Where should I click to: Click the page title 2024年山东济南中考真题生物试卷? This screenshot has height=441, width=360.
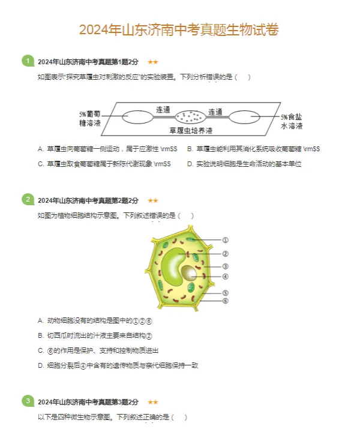[x=179, y=30]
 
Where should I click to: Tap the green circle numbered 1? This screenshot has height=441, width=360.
[x=28, y=61]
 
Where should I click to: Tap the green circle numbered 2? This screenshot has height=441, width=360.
[x=28, y=199]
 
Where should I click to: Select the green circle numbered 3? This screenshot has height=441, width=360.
[x=28, y=401]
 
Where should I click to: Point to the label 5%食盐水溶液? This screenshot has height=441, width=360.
[x=292, y=122]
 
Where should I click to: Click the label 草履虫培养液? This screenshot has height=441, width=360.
[x=191, y=130]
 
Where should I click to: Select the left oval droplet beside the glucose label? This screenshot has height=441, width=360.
[x=137, y=117]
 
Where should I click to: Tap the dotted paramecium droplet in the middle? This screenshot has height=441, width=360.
[x=190, y=116]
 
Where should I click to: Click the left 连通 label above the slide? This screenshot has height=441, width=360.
[x=163, y=110]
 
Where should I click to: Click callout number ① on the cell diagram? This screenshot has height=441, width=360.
[x=225, y=239]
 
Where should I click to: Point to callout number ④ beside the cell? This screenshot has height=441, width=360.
[x=225, y=277]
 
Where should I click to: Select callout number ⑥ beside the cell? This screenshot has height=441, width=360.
[x=225, y=300]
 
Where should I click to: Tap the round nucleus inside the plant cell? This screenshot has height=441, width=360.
[x=190, y=274]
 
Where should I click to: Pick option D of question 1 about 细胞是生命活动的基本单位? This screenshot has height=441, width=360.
[x=244, y=164]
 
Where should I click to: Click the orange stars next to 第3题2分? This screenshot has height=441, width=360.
[x=153, y=402]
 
